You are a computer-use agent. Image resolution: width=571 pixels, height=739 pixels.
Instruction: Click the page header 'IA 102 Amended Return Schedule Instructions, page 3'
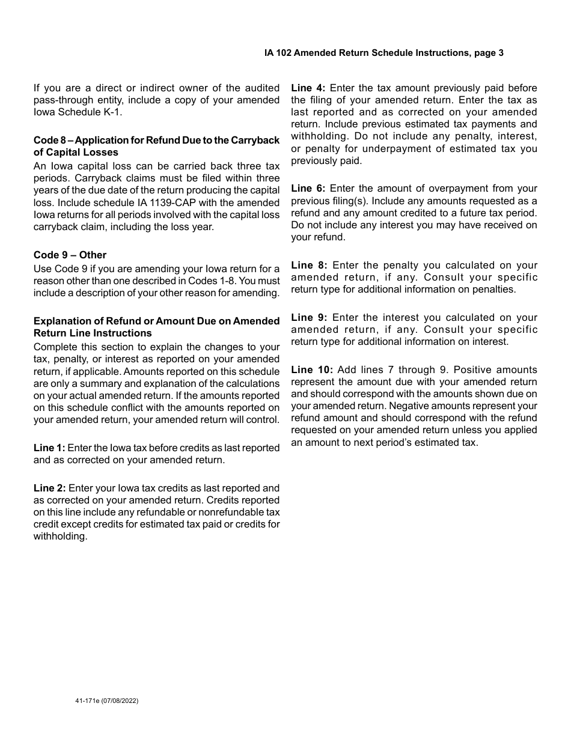[383, 53]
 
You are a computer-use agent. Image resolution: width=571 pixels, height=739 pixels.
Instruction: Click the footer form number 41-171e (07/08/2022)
[103, 701]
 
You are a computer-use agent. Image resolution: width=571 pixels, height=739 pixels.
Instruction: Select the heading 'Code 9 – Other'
[70, 255]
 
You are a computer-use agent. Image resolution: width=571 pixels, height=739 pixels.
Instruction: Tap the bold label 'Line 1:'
[49, 448]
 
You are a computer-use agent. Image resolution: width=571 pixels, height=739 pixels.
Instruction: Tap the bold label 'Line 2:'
[50, 488]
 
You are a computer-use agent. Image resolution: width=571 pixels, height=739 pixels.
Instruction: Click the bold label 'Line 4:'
[308, 88]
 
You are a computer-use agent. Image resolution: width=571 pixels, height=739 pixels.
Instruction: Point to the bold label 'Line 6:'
[308, 189]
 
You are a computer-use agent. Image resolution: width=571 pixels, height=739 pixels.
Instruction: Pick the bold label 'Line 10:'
[311, 369]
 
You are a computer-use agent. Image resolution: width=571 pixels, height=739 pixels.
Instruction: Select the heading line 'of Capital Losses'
[76, 153]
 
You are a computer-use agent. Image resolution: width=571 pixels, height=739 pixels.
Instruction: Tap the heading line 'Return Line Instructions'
[93, 333]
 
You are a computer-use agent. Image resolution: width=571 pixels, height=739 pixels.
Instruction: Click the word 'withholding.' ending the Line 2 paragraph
[61, 536]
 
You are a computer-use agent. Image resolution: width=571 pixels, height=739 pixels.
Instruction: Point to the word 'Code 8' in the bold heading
[49, 141]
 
